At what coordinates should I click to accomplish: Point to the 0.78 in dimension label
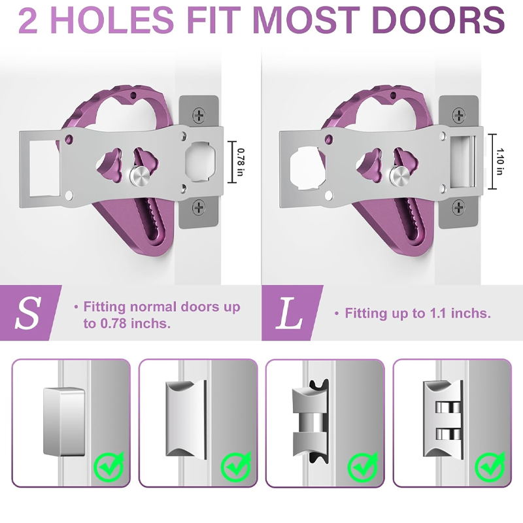click(241, 162)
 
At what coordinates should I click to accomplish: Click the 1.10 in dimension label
click(499, 161)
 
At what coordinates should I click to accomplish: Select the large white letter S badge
click(27, 312)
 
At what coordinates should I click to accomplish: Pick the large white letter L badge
click(289, 313)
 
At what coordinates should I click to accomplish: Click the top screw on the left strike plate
click(199, 116)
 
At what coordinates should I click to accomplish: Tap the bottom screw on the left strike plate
click(199, 207)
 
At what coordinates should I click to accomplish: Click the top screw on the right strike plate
click(459, 116)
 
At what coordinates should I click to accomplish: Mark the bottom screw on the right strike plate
click(459, 207)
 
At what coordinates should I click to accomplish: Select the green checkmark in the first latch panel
click(109, 466)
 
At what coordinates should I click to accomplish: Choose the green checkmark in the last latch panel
click(490, 466)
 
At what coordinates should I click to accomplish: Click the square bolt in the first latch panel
click(64, 421)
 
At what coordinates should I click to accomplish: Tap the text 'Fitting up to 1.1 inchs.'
click(418, 313)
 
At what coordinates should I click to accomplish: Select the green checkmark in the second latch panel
click(236, 466)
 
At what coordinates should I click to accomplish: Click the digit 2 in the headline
click(28, 20)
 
